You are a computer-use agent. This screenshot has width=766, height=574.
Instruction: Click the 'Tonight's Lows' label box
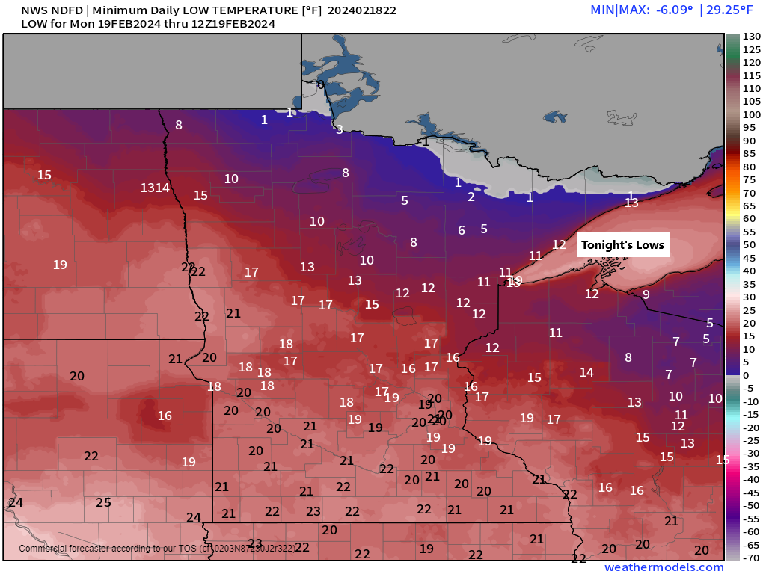(622, 245)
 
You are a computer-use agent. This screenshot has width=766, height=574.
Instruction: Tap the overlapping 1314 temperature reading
(156, 188)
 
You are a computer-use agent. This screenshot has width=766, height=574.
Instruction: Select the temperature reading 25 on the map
(103, 503)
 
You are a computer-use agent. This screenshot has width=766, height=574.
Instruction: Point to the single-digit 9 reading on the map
(646, 294)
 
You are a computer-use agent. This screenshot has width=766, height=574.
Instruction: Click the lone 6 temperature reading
(462, 231)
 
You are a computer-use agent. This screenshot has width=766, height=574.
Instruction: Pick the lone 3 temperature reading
(339, 130)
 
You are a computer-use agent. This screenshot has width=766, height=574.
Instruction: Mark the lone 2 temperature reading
(471, 197)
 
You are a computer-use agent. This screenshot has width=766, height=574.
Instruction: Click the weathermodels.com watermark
(664, 567)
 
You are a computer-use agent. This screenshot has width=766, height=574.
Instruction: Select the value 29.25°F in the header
(730, 10)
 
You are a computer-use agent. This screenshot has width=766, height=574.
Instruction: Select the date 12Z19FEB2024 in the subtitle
(233, 24)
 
